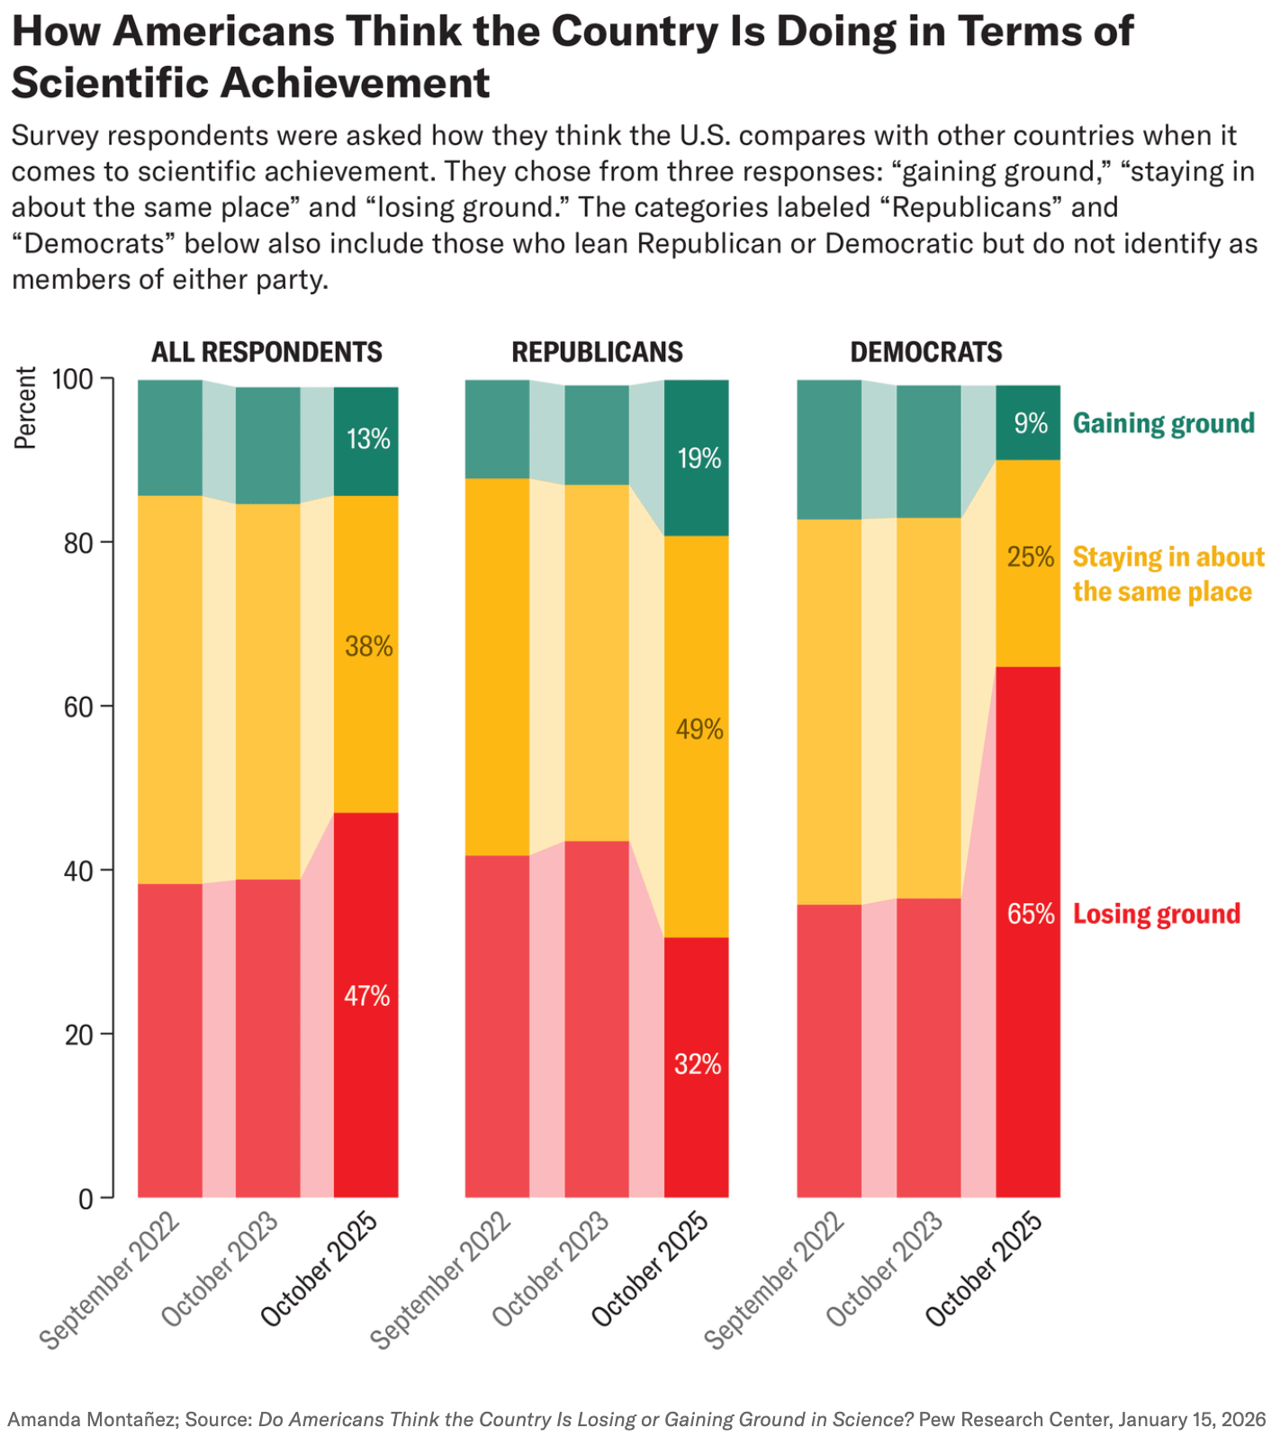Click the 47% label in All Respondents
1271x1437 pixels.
[x=366, y=996]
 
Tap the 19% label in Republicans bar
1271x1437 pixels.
[x=699, y=459]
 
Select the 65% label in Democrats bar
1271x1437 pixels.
[x=1031, y=914]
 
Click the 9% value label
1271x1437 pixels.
[x=1031, y=423]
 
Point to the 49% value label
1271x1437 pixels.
[x=699, y=729]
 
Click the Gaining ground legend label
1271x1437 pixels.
[x=1163, y=423]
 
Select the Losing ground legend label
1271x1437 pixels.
[x=1156, y=914]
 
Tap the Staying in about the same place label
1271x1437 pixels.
[x=1167, y=574]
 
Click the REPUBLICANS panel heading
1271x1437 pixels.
[x=597, y=352]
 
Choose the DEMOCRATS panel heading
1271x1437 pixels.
[x=926, y=352]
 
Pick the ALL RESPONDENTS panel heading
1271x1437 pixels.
[x=266, y=352]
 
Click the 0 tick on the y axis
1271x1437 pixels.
[x=86, y=1198]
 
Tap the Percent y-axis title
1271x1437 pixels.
[x=25, y=408]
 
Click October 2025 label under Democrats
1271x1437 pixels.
[x=984, y=1270]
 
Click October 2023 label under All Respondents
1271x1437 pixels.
[x=220, y=1270]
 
